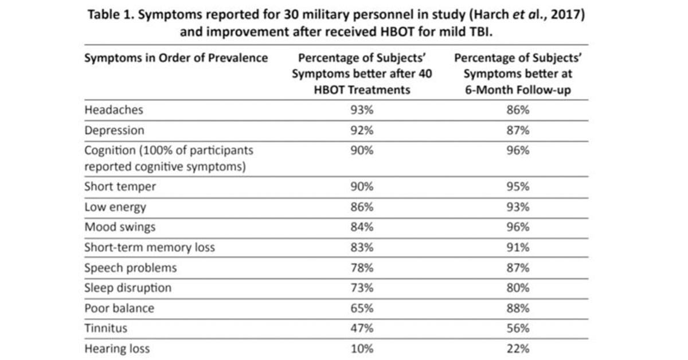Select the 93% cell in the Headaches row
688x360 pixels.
(362, 110)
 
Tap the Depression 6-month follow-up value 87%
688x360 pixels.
(518, 130)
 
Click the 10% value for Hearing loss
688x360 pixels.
(362, 348)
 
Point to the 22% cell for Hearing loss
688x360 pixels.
(518, 348)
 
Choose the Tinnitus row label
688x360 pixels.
(105, 328)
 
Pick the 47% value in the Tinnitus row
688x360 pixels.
(362, 328)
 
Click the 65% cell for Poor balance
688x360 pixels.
(362, 308)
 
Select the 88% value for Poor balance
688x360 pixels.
(518, 308)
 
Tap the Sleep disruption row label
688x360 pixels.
(128, 288)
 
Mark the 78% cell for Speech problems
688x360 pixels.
(362, 268)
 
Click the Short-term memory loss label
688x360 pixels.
(150, 248)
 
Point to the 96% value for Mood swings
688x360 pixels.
(518, 227)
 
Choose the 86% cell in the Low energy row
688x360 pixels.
(362, 207)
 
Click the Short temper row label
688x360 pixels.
(120, 187)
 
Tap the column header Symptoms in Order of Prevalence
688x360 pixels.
(176, 58)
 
